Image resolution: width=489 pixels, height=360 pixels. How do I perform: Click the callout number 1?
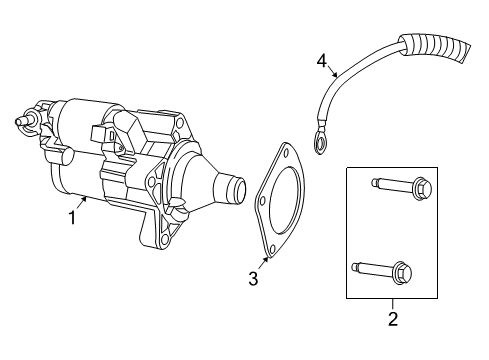pyautogui.click(x=72, y=214)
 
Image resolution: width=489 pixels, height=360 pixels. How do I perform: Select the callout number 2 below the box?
pyautogui.click(x=392, y=319)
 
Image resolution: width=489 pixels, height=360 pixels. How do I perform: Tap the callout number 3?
pyautogui.click(x=253, y=278)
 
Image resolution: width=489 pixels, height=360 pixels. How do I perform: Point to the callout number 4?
pyautogui.click(x=322, y=62)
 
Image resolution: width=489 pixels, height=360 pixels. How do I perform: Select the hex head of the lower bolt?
pyautogui.click(x=406, y=270)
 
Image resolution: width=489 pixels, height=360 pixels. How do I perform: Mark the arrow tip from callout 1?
pyautogui.click(x=90, y=199)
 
